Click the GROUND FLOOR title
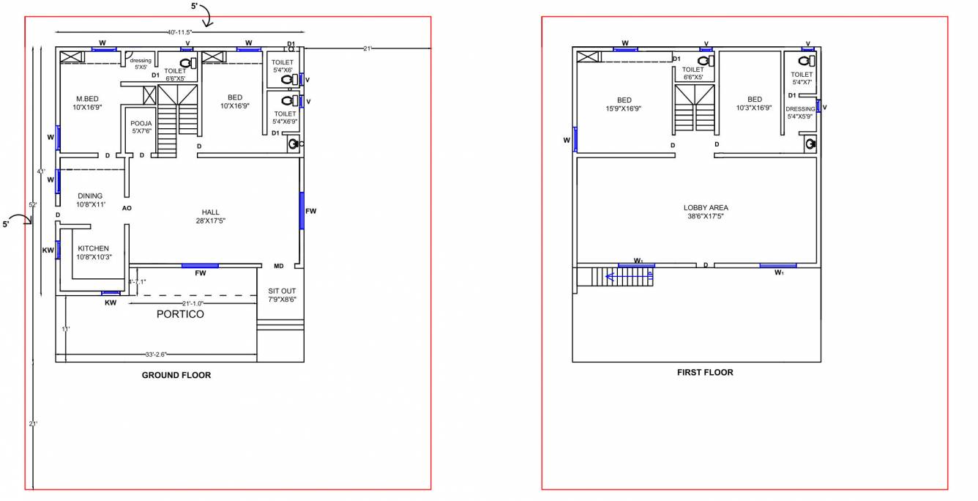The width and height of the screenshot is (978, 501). (x=176, y=376)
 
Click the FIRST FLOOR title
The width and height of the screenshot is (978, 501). (x=705, y=372)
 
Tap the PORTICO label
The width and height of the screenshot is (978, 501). (x=180, y=314)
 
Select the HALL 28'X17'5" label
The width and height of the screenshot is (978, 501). (x=210, y=216)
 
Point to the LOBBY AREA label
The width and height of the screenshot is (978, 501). (x=706, y=212)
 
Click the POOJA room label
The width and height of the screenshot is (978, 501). (x=141, y=127)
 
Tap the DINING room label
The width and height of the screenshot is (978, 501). (x=91, y=200)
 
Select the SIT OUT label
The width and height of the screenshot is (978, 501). (x=282, y=294)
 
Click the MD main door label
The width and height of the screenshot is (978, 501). (x=278, y=266)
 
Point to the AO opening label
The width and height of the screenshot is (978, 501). (x=127, y=208)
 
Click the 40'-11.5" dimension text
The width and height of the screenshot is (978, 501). (x=179, y=32)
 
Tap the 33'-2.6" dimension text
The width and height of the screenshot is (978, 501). (x=156, y=355)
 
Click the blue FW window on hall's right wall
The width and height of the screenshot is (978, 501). (x=301, y=211)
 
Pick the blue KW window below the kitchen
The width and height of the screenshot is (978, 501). (x=111, y=293)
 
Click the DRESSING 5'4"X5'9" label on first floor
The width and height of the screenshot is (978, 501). (x=800, y=112)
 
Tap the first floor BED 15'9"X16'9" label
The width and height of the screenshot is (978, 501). (x=624, y=103)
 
